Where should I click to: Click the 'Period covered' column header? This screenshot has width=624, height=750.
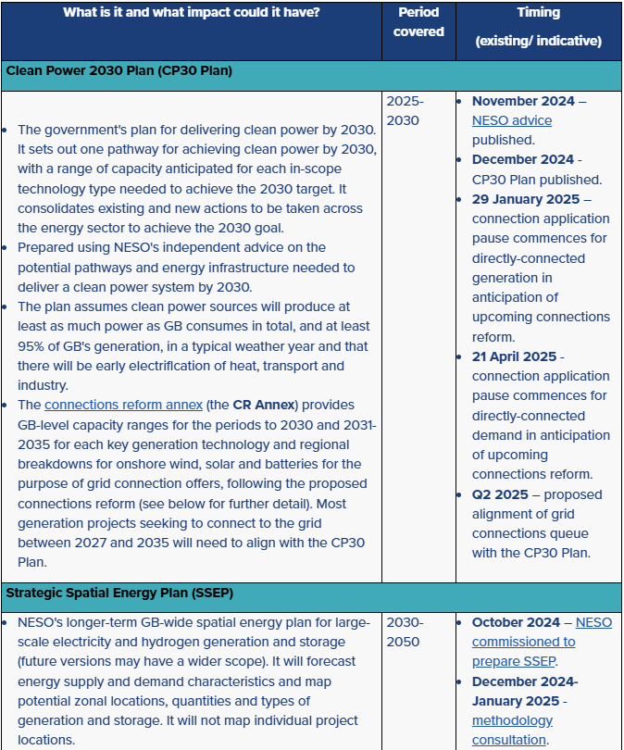pos(418,22)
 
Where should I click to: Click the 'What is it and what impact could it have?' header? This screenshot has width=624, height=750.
pos(192,13)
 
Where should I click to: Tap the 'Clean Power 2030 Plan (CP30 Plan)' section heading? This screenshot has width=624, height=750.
pos(119,70)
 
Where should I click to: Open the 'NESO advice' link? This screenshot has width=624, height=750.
pos(511,120)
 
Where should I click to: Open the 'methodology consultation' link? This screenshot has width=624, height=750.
pos(512,730)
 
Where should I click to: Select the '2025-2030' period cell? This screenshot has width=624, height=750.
pos(405,110)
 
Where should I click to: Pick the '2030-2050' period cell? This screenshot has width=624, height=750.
pos(405,631)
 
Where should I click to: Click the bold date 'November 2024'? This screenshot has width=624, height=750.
pos(523,101)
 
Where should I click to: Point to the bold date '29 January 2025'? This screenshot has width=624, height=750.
pos(526,199)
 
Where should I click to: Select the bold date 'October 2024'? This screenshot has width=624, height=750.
pos(517,622)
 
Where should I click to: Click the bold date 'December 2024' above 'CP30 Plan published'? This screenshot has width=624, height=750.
pos(522,159)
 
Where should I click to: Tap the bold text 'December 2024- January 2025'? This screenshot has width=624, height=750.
pos(525,691)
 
